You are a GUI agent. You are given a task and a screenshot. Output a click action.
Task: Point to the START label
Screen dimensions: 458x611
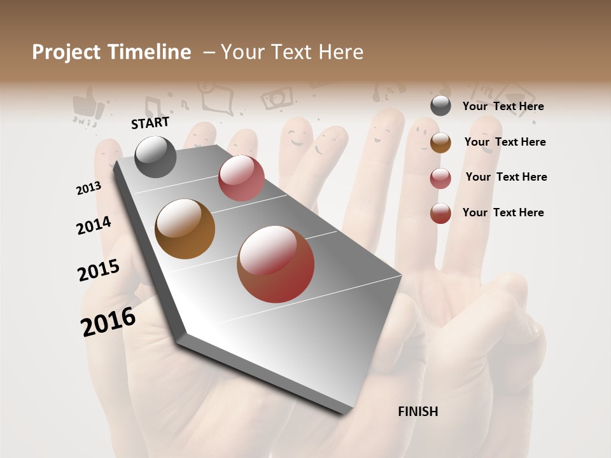(150, 123)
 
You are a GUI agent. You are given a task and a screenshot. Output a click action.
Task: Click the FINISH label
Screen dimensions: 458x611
(418, 412)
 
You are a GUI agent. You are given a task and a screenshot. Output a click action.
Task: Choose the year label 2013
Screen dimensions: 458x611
(89, 188)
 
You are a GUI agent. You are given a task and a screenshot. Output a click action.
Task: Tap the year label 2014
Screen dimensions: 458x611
(94, 225)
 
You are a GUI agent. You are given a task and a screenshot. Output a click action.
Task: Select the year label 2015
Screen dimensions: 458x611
(99, 270)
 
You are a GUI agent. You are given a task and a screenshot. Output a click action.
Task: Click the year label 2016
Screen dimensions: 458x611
(108, 321)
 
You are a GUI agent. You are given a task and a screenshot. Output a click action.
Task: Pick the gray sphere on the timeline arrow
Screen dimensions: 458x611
(155, 156)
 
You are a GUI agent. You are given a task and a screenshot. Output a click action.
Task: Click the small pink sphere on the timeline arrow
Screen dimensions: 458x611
(241, 178)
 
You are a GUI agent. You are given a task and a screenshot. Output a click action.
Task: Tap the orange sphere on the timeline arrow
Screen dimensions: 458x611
(185, 229)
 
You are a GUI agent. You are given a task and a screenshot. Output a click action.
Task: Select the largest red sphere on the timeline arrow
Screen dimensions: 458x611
(276, 264)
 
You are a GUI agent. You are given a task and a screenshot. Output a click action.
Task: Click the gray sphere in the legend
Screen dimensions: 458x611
(440, 106)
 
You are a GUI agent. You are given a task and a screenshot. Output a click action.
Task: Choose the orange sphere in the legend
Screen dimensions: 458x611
(440, 142)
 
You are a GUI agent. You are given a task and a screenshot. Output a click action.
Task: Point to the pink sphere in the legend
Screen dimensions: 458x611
(440, 178)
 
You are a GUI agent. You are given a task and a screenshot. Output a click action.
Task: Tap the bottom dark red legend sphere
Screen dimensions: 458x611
(440, 213)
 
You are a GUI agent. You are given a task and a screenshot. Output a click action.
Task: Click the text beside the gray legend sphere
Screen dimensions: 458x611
(503, 106)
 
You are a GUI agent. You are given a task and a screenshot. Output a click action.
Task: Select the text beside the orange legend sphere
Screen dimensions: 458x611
(505, 142)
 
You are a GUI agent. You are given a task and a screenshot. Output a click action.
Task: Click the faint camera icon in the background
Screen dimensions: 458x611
(277, 97)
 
